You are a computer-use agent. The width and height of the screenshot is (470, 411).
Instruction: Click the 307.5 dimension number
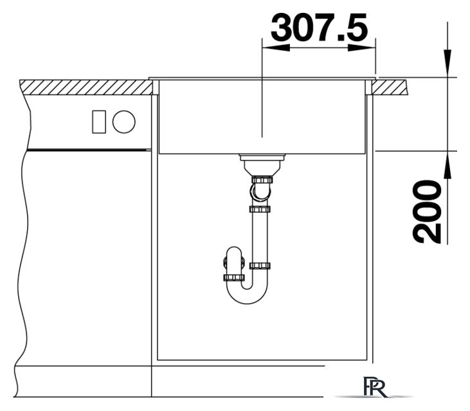tap(320, 27)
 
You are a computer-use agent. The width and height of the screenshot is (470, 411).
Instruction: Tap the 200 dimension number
tap(427, 211)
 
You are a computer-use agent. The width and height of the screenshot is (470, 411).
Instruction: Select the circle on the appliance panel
tap(124, 122)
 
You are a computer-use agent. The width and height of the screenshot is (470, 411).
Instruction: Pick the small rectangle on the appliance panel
tap(99, 122)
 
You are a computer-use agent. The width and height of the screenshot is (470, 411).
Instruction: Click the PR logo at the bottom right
tap(374, 387)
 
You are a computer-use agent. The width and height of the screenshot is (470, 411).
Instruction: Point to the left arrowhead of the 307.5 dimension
tap(276, 48)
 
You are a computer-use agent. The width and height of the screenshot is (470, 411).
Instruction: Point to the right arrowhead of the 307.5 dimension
tap(362, 48)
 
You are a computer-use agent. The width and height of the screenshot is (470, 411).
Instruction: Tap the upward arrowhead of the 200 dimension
tap(447, 165)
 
